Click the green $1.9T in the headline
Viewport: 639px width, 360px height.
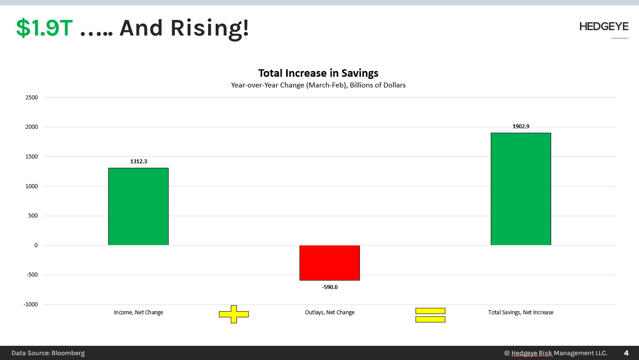click(x=44, y=28)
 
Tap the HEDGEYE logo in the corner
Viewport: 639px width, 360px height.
click(x=603, y=27)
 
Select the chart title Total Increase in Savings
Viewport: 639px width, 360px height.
click(x=318, y=73)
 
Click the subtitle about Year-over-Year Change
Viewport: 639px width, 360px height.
click(x=318, y=85)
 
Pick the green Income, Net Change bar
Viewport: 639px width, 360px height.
click(x=138, y=206)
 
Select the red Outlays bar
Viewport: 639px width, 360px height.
click(x=330, y=263)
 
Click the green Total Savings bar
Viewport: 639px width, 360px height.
click(x=521, y=189)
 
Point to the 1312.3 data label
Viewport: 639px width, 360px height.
click(x=138, y=162)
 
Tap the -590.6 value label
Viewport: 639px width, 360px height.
click(x=330, y=287)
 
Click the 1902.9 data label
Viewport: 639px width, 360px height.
click(x=521, y=127)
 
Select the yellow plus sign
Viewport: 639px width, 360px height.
click(x=234, y=314)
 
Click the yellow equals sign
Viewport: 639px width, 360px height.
click(x=430, y=315)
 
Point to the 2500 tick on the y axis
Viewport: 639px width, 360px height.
click(x=32, y=98)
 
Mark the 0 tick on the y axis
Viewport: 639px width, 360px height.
click(x=36, y=245)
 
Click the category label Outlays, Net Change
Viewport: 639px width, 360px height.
click(x=330, y=313)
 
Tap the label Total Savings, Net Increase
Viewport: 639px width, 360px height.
click(x=521, y=313)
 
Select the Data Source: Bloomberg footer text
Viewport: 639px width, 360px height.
click(x=48, y=353)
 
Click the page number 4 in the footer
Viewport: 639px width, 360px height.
click(x=626, y=353)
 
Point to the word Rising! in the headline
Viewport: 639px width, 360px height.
click(x=209, y=28)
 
